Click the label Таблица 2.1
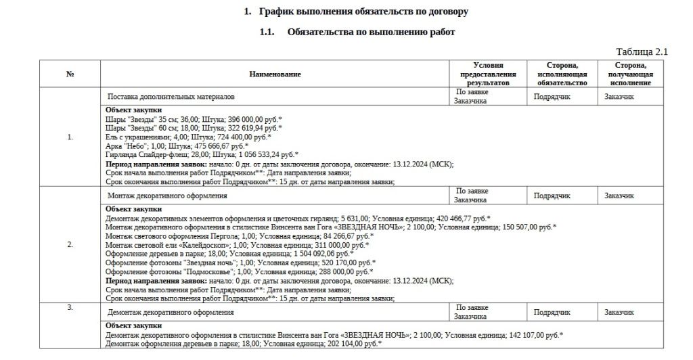pos(642,52)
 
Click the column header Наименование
pos(275,74)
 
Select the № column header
pos(70,74)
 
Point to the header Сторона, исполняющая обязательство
pos(562,74)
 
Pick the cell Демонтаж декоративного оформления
pos(171,313)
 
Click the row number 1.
pos(70,137)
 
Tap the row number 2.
pos(70,244)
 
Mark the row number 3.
pos(70,308)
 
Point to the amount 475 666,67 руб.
pos(221,145)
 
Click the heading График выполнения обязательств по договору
pos(363,12)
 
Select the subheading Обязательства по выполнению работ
pos(371,32)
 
